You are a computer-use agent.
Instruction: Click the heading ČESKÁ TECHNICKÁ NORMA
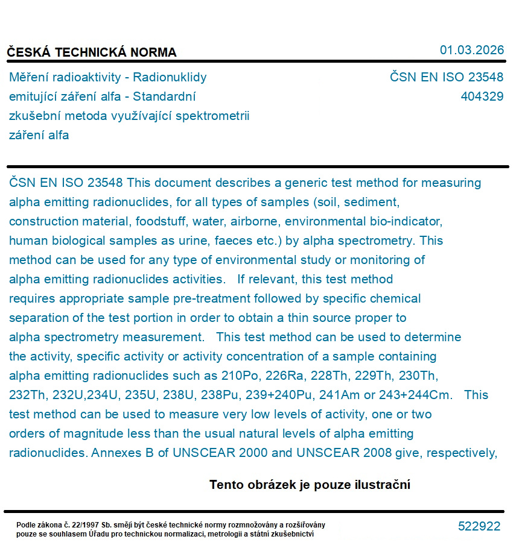point(92,52)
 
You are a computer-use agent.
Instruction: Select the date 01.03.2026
point(471,50)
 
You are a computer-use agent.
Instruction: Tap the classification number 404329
point(482,96)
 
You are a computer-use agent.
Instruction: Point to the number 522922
point(479,526)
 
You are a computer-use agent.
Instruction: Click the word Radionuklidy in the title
point(170,77)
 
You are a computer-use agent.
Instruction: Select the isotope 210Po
point(240,376)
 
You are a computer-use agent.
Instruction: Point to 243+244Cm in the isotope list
point(430,395)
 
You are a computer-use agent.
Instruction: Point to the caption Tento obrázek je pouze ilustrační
point(310,485)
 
